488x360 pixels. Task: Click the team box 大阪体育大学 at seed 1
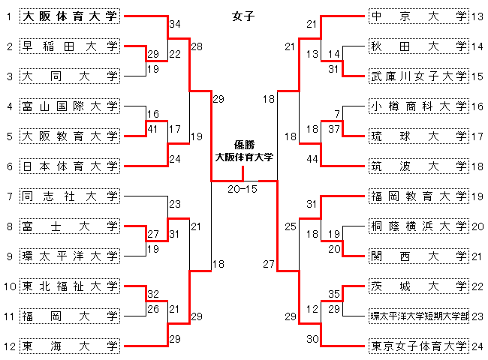point(70,16)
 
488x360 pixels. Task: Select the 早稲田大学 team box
point(70,46)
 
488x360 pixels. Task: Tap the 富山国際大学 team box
point(70,106)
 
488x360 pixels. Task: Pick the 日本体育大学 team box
point(70,166)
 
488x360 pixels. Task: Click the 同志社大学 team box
point(70,196)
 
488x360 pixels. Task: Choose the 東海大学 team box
point(70,346)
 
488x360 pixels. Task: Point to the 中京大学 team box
point(418,16)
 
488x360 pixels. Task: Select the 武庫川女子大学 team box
point(418,76)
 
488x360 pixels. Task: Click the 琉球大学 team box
point(418,136)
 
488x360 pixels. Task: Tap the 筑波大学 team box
point(418,166)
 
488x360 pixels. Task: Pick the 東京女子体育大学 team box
point(418,346)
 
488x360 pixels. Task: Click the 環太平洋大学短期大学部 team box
point(418,316)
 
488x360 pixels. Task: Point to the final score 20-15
point(242,189)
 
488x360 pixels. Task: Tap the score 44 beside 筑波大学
point(312,158)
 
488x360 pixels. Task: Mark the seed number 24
point(477,346)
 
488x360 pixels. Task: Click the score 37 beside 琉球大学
point(336,128)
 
